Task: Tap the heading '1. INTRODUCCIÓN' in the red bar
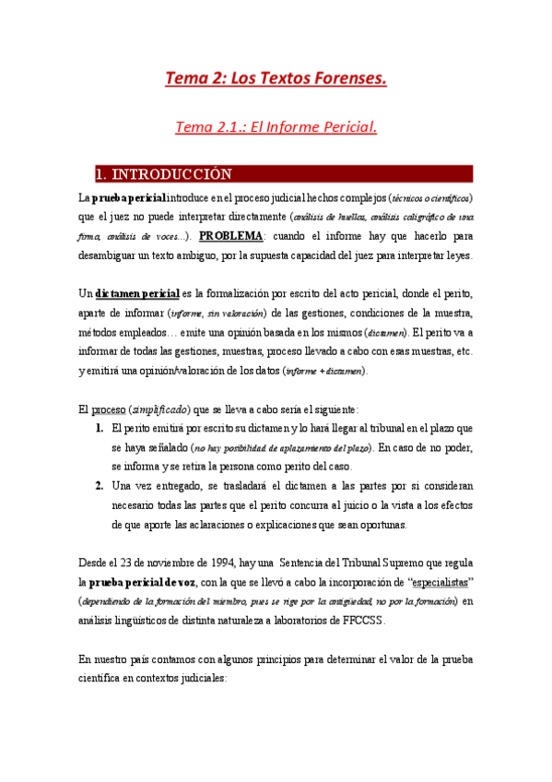165,174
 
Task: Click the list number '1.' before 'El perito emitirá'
99,429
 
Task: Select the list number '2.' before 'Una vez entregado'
99,485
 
